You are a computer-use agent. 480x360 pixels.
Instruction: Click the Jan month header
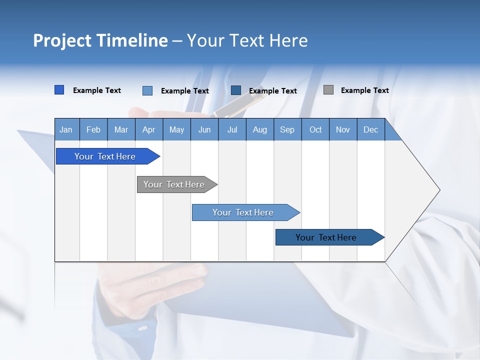tap(66, 129)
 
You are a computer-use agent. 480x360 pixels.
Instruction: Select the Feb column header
tap(93, 129)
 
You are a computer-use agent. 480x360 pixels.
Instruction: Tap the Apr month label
tap(148, 129)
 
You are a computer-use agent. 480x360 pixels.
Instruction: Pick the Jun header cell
tap(204, 129)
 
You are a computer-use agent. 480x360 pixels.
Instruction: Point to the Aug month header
tap(259, 129)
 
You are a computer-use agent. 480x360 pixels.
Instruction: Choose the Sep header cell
tap(287, 129)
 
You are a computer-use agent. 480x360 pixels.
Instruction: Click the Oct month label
tap(315, 129)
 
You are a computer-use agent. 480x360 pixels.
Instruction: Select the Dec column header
tap(370, 129)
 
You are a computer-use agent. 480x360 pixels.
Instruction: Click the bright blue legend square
tap(59, 90)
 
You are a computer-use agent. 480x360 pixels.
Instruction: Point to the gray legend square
tap(328, 90)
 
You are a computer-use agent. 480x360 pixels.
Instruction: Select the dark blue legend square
tap(236, 90)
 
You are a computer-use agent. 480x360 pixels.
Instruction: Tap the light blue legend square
tap(147, 90)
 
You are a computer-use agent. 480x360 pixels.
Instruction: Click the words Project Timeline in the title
tap(100, 40)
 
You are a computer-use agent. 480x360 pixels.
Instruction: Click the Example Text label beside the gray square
tap(364, 90)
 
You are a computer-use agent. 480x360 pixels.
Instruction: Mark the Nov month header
tap(343, 129)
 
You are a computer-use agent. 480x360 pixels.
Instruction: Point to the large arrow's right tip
tap(439, 190)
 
